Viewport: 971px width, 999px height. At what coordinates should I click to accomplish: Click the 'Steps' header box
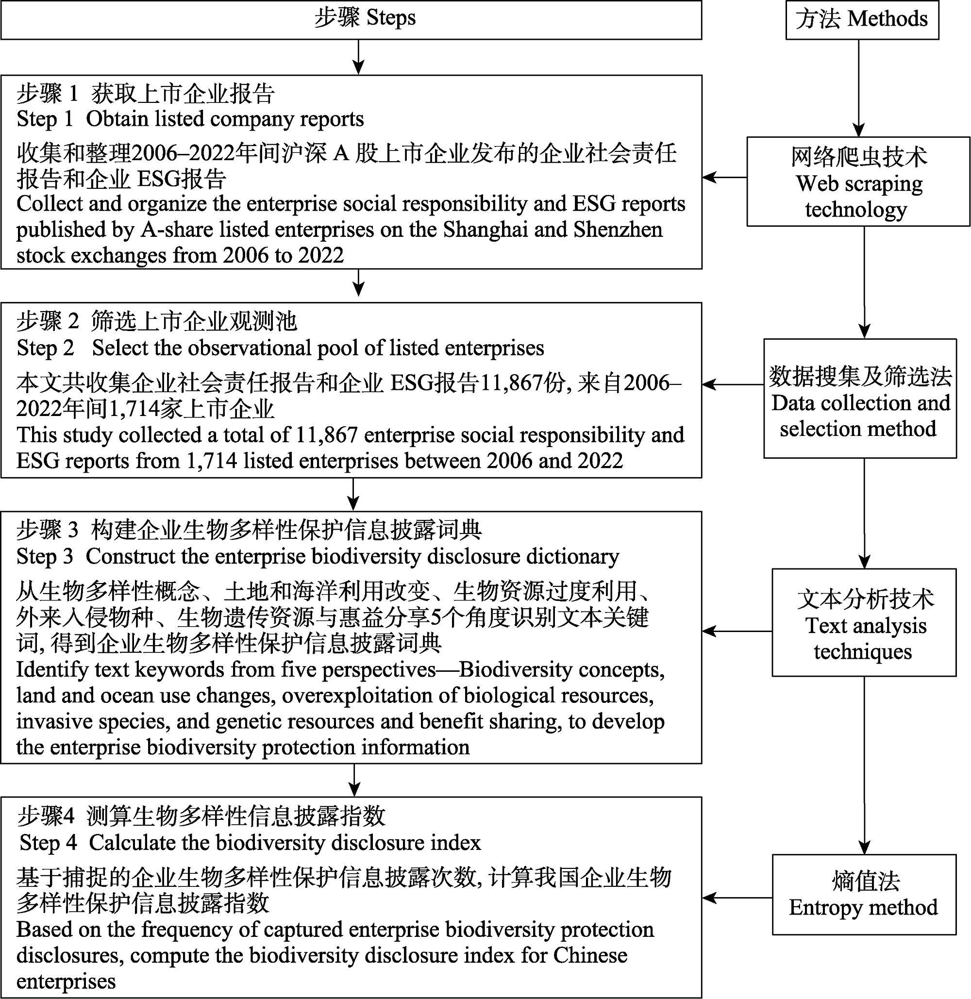351,19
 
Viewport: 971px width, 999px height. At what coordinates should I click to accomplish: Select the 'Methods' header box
862,19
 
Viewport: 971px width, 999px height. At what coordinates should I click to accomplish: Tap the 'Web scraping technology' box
858,182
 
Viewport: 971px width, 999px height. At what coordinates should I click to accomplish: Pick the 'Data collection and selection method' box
860,398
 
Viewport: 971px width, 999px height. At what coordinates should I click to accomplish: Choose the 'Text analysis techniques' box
864,623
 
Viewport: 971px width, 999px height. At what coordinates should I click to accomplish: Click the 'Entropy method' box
864,895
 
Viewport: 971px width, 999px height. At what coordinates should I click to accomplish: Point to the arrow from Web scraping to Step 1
725,178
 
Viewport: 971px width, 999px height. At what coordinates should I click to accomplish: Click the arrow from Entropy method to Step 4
737,898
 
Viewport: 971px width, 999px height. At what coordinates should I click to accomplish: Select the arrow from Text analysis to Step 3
737,632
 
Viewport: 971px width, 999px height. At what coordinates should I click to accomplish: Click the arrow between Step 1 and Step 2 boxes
358,283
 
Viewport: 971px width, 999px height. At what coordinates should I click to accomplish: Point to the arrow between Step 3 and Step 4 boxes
354,780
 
